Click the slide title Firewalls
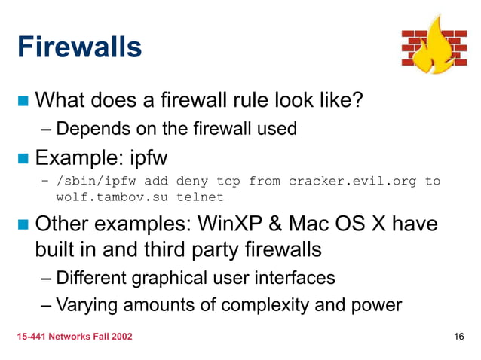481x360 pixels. click(x=79, y=47)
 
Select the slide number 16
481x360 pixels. click(x=458, y=337)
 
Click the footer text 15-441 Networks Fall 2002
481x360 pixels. click(x=75, y=337)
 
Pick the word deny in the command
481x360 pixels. click(x=192, y=182)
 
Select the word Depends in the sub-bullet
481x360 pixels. click(x=87, y=129)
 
